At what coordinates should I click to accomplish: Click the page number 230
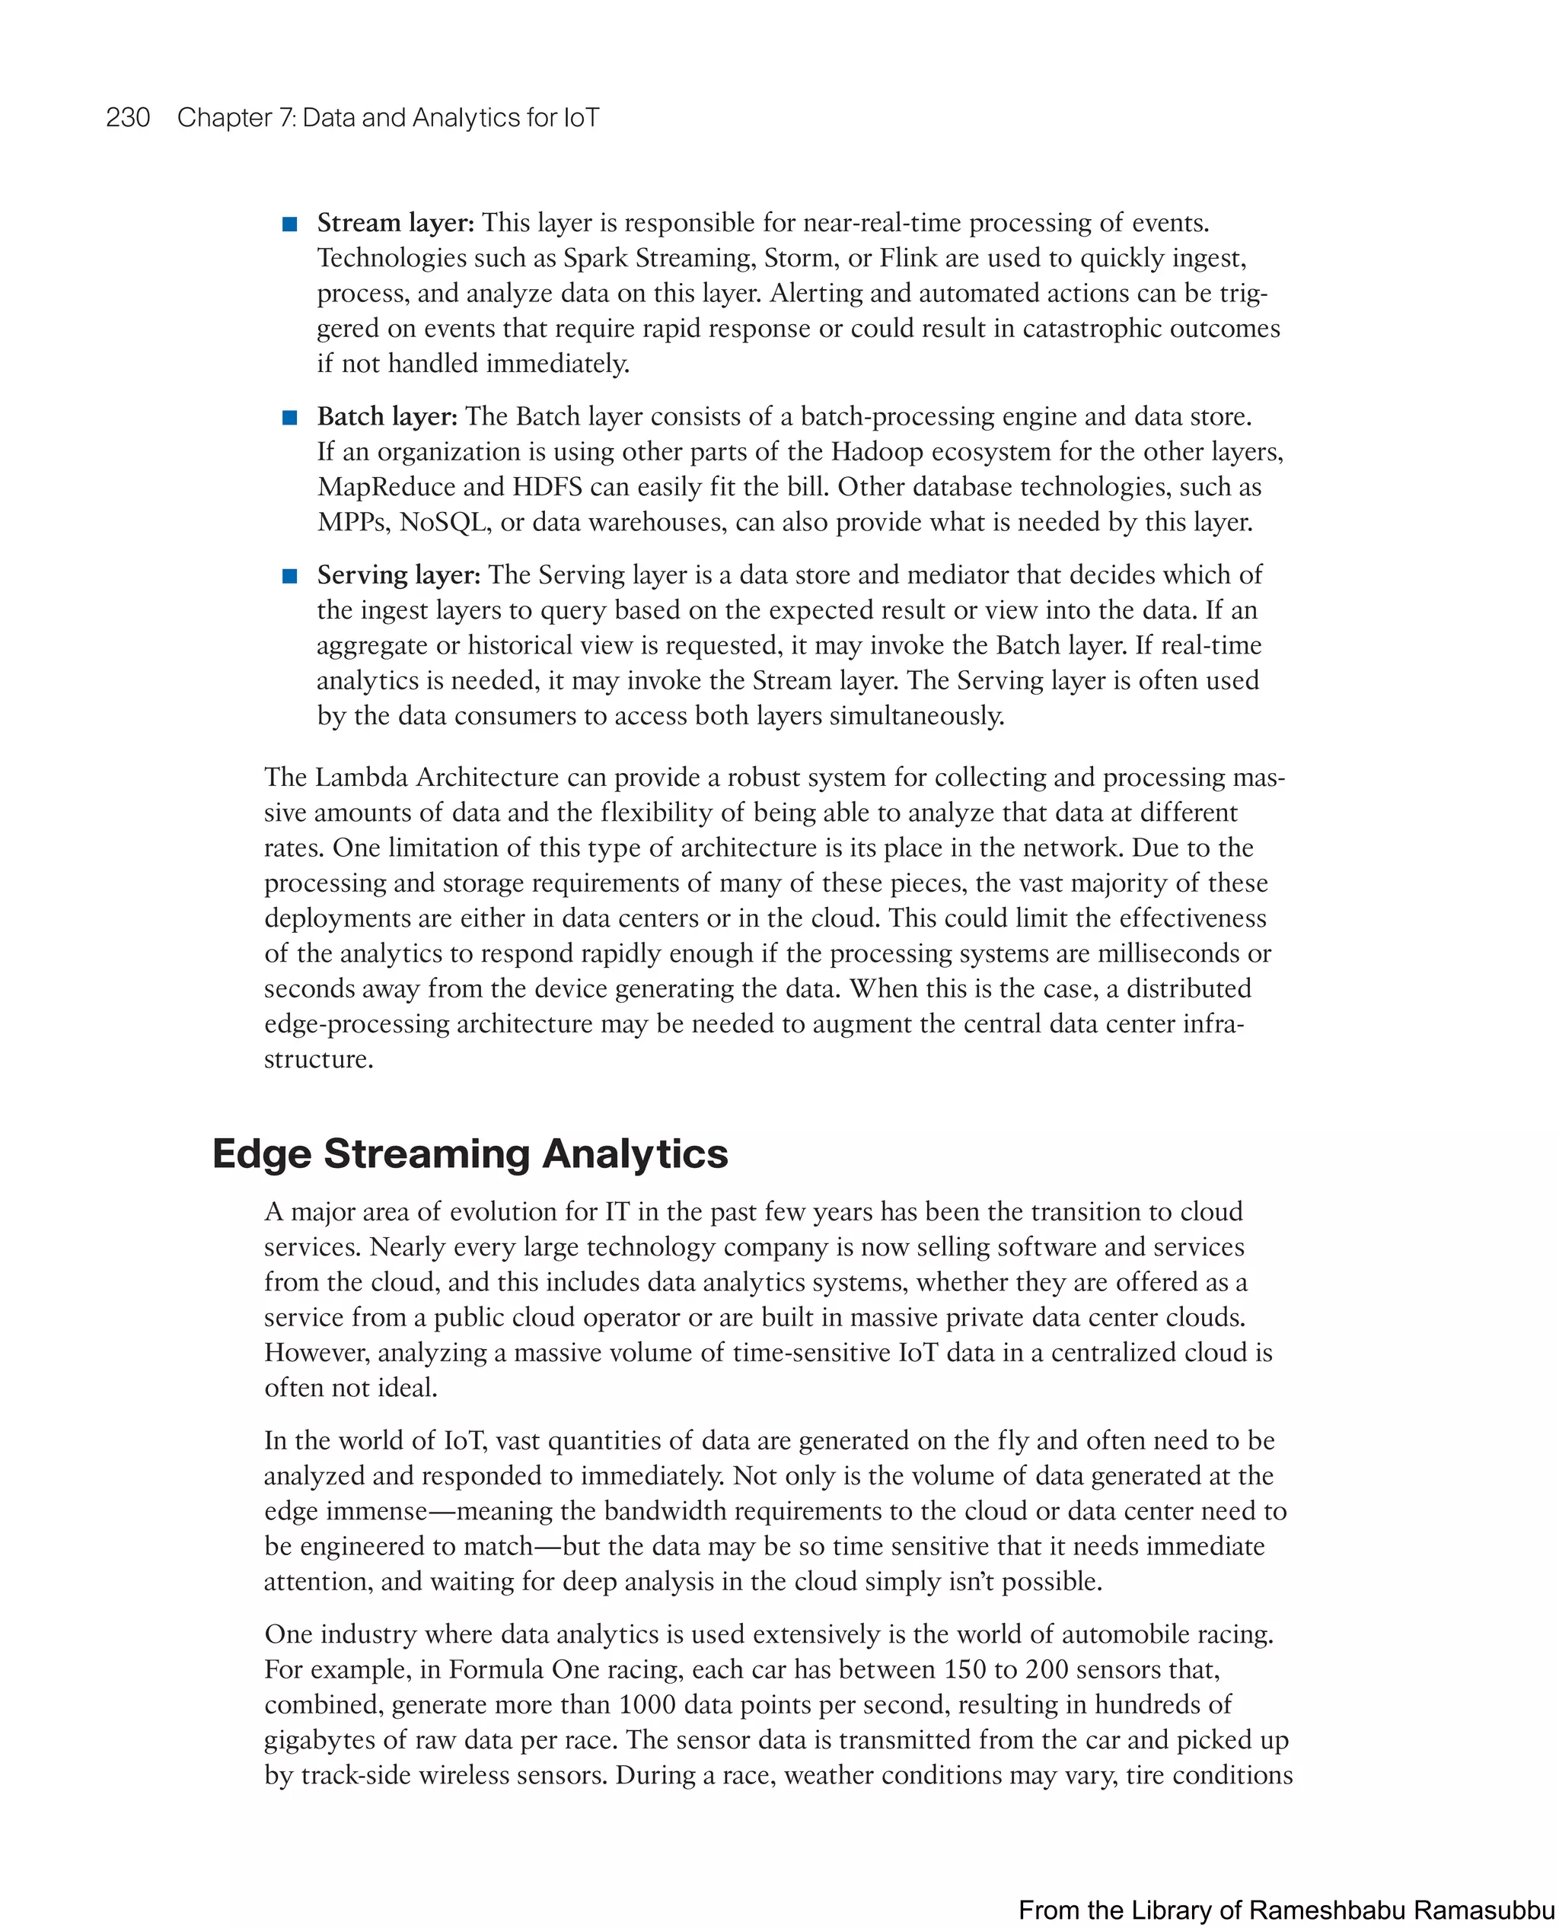click(x=128, y=118)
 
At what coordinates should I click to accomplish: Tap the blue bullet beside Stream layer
click(x=290, y=224)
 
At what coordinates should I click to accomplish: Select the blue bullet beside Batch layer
click(x=290, y=418)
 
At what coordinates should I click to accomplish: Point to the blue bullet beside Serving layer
click(x=290, y=576)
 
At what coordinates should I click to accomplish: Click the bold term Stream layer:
click(x=395, y=223)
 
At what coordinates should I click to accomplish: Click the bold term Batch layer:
click(x=387, y=416)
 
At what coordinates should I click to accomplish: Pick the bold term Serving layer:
click(x=399, y=574)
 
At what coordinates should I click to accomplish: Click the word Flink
click(x=908, y=259)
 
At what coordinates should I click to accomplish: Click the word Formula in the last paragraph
click(x=496, y=1669)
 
